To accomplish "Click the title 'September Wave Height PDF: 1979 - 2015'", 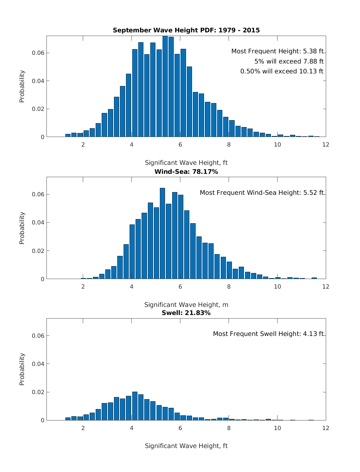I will click(x=186, y=30).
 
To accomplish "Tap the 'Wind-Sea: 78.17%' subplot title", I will click(x=186, y=172).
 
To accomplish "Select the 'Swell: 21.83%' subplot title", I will click(x=186, y=313).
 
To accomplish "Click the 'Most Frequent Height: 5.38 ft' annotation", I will click(x=277, y=51).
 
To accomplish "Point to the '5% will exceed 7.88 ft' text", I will click(x=289, y=61).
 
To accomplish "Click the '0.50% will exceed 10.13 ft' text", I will click(x=282, y=71).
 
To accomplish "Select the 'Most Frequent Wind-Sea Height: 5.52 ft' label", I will click(x=262, y=193).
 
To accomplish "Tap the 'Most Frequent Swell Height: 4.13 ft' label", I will click(x=268, y=334).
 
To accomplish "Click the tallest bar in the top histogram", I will click(x=165, y=87).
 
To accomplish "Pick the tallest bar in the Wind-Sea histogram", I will click(x=162, y=234).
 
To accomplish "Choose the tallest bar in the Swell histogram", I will click(x=135, y=406).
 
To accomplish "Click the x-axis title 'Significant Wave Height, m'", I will click(x=186, y=305).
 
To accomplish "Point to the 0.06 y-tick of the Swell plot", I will click(x=38, y=336).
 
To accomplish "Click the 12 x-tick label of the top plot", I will click(x=325, y=145).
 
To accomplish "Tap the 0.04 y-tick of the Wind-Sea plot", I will click(x=38, y=223).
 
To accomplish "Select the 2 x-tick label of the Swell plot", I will click(x=83, y=428).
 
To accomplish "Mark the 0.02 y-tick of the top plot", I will click(x=38, y=109).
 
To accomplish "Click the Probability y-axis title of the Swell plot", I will click(x=22, y=369).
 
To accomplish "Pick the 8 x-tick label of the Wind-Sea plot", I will click(x=229, y=286).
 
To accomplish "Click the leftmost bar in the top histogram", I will click(x=68, y=135).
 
